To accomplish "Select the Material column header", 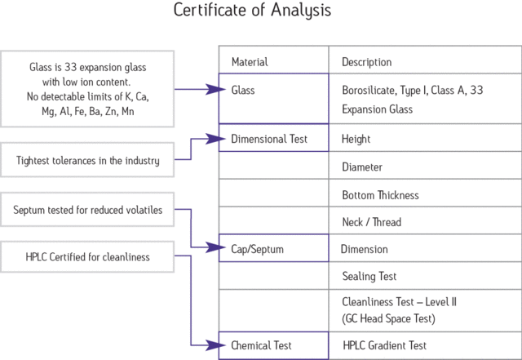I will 250,62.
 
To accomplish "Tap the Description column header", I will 366,62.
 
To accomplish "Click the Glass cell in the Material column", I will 243,91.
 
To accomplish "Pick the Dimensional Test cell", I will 269,140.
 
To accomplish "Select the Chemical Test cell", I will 261,346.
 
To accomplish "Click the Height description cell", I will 356,140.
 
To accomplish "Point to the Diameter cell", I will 362,167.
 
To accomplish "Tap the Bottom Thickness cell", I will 380,195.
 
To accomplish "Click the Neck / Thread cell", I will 371,222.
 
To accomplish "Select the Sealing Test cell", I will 369,277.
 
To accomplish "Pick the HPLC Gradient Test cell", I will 385,346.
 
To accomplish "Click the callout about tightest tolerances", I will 88,161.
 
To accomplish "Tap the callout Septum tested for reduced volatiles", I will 88,211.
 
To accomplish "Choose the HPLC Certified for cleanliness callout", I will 88,258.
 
